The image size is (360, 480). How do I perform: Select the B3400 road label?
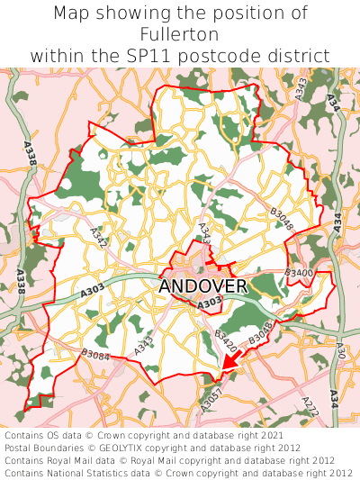299,272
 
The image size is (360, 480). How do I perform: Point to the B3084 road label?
94,356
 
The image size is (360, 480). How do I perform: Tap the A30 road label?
339,349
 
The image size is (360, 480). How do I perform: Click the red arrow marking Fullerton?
229,362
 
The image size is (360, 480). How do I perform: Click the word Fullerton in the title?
180,34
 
